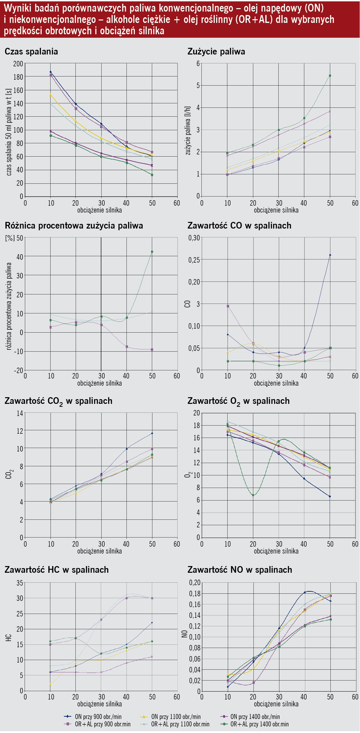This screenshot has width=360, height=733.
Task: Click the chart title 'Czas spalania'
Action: pyautogui.click(x=31, y=52)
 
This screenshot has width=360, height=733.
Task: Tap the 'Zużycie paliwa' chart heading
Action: pyautogui.click(x=216, y=52)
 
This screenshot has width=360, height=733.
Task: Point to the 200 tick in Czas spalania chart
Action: pyautogui.click(x=18, y=64)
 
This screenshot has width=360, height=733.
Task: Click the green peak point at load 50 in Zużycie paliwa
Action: pyautogui.click(x=330, y=76)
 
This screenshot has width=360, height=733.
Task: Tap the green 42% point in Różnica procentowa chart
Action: pyautogui.click(x=152, y=252)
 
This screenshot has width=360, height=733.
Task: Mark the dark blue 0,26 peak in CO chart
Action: pyautogui.click(x=330, y=255)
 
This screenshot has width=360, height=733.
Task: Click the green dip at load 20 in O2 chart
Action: pyautogui.click(x=253, y=495)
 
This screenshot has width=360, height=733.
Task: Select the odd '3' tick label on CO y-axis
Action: pyautogui.click(x=198, y=304)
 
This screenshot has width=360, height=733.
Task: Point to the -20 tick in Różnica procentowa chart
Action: pyautogui.click(x=19, y=370)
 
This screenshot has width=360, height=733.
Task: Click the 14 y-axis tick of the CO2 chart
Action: pyautogui.click(x=20, y=413)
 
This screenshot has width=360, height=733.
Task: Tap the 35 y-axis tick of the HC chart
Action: pyautogui.click(x=20, y=583)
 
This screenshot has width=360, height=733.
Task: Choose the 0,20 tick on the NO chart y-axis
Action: pyautogui.click(x=195, y=582)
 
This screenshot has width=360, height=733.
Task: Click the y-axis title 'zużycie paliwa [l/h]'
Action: pyautogui.click(x=188, y=131)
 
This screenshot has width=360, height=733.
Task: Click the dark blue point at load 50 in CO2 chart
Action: pyautogui.click(x=152, y=433)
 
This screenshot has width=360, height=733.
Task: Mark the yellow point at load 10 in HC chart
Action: pyautogui.click(x=50, y=685)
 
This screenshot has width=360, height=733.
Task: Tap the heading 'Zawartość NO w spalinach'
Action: pyautogui.click(x=240, y=570)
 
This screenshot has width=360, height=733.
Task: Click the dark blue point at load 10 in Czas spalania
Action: pyautogui.click(x=51, y=72)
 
